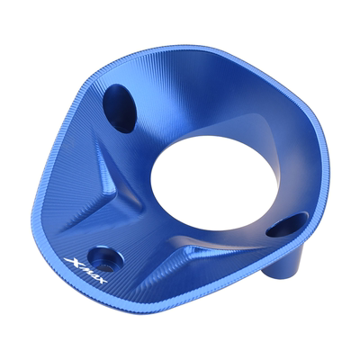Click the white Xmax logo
coord(85,272)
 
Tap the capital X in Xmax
coord(70,261)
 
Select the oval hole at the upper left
coord(119,109)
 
